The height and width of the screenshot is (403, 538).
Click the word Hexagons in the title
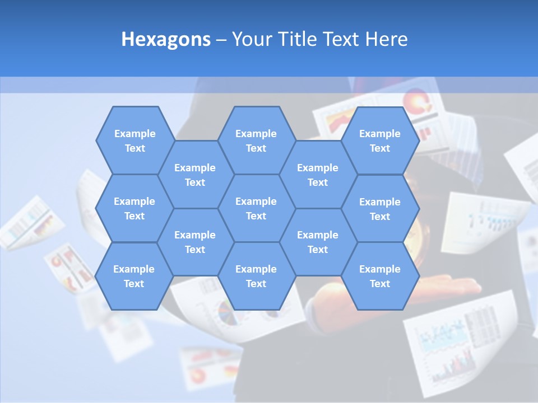pyautogui.click(x=166, y=39)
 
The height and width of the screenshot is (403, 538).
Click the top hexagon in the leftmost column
pyautogui.click(x=135, y=140)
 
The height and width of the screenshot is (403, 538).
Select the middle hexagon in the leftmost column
pyautogui.click(x=134, y=208)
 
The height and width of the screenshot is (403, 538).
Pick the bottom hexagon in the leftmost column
pyautogui.click(x=134, y=276)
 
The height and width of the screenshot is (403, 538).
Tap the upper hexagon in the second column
pyautogui.click(x=195, y=175)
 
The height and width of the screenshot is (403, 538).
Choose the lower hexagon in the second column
pyautogui.click(x=195, y=242)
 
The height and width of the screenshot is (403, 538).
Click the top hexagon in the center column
pyautogui.click(x=256, y=140)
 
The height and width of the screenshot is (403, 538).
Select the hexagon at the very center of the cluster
pyautogui.click(x=256, y=208)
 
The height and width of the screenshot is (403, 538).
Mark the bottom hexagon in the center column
pyautogui.click(x=256, y=276)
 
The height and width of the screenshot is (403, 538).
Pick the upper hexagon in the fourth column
pyautogui.click(x=318, y=175)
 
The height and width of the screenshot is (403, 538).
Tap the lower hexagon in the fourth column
pyautogui.click(x=318, y=242)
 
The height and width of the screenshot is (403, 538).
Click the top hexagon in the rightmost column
pyautogui.click(x=380, y=140)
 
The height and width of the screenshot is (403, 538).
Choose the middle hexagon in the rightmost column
pyautogui.click(x=380, y=209)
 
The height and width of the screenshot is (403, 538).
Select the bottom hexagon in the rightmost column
pyautogui.click(x=380, y=276)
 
